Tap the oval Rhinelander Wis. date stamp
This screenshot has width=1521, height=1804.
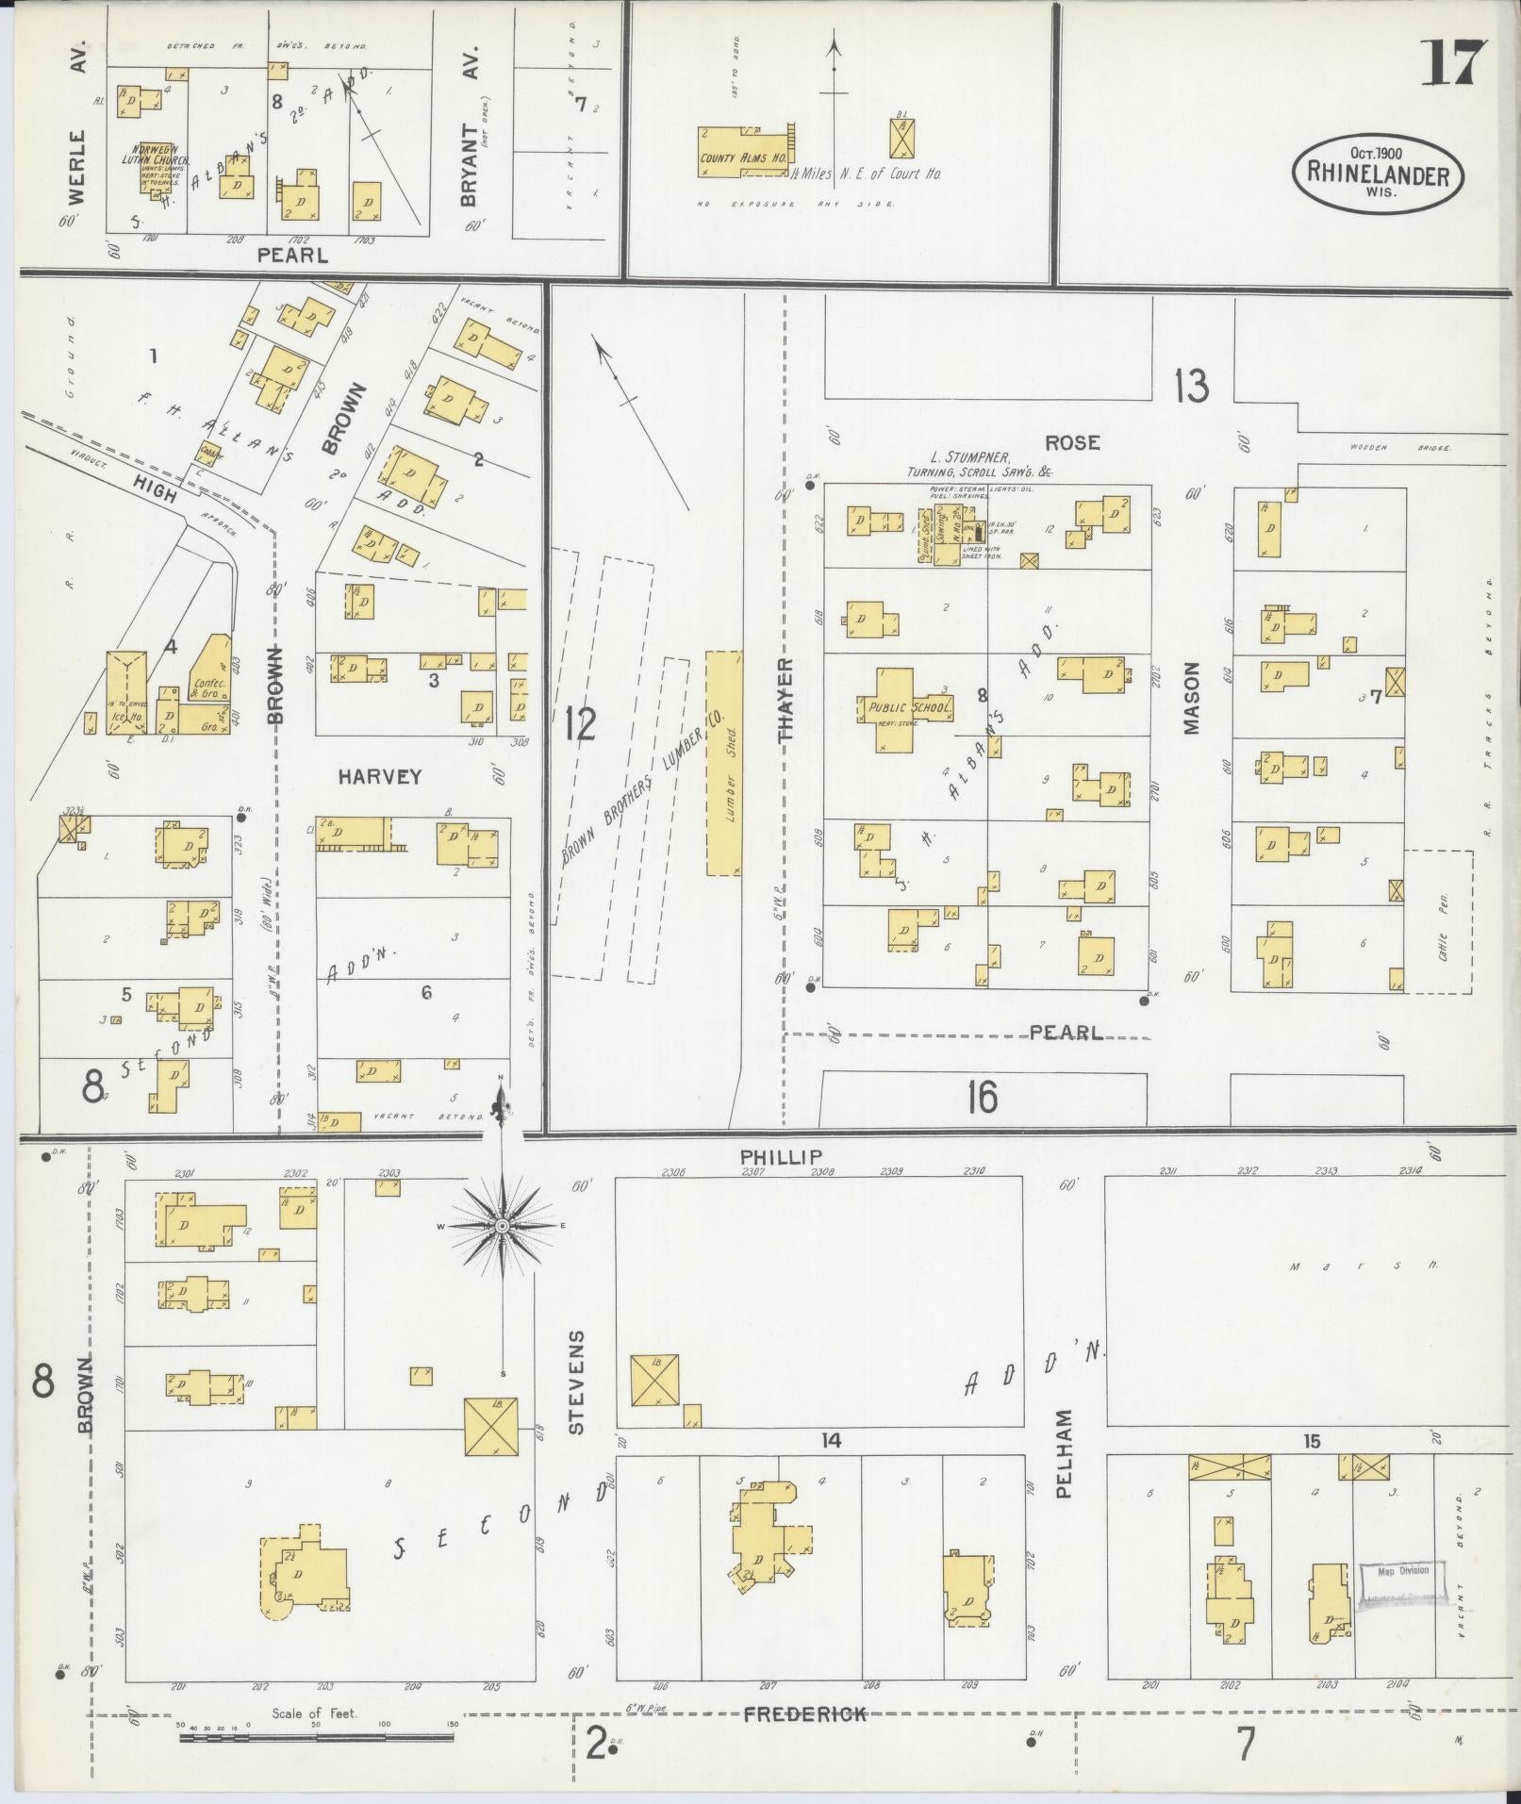click(x=1378, y=171)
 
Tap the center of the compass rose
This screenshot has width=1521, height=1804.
click(x=503, y=1226)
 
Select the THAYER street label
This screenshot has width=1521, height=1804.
click(x=786, y=701)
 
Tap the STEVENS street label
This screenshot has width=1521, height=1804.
click(x=577, y=1382)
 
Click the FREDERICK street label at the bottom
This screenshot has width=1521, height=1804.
click(x=804, y=1714)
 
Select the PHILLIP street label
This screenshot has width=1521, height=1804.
click(x=781, y=1156)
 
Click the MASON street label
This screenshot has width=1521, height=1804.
click(x=1191, y=698)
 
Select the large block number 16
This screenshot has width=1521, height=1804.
click(x=982, y=1097)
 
